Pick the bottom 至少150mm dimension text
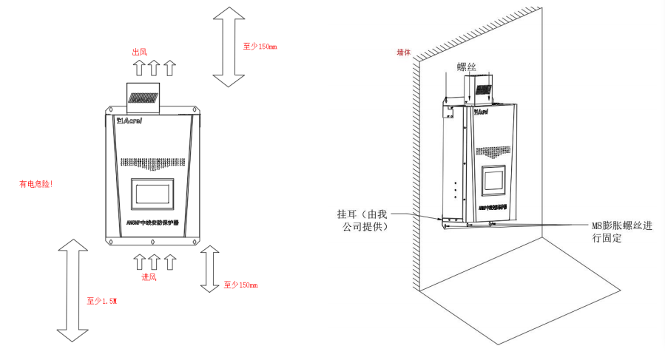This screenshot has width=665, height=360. tap(240, 284)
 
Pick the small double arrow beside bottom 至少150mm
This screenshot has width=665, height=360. tap(210, 270)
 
